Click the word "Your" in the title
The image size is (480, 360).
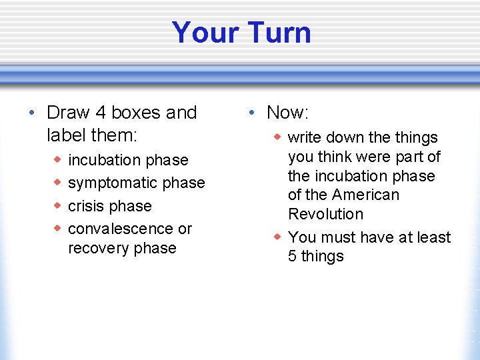coord(204,33)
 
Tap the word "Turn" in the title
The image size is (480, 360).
coord(277,33)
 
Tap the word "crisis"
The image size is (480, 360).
coord(87,206)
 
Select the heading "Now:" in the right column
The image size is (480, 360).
coord(287,113)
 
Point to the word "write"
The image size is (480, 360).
coord(304,138)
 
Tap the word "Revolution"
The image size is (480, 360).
coord(325,215)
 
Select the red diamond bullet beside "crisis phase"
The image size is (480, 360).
coord(58,205)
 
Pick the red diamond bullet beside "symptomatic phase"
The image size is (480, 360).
coord(58,182)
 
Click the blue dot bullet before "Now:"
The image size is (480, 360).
coord(252,113)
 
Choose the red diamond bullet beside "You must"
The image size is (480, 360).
coord(277,237)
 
